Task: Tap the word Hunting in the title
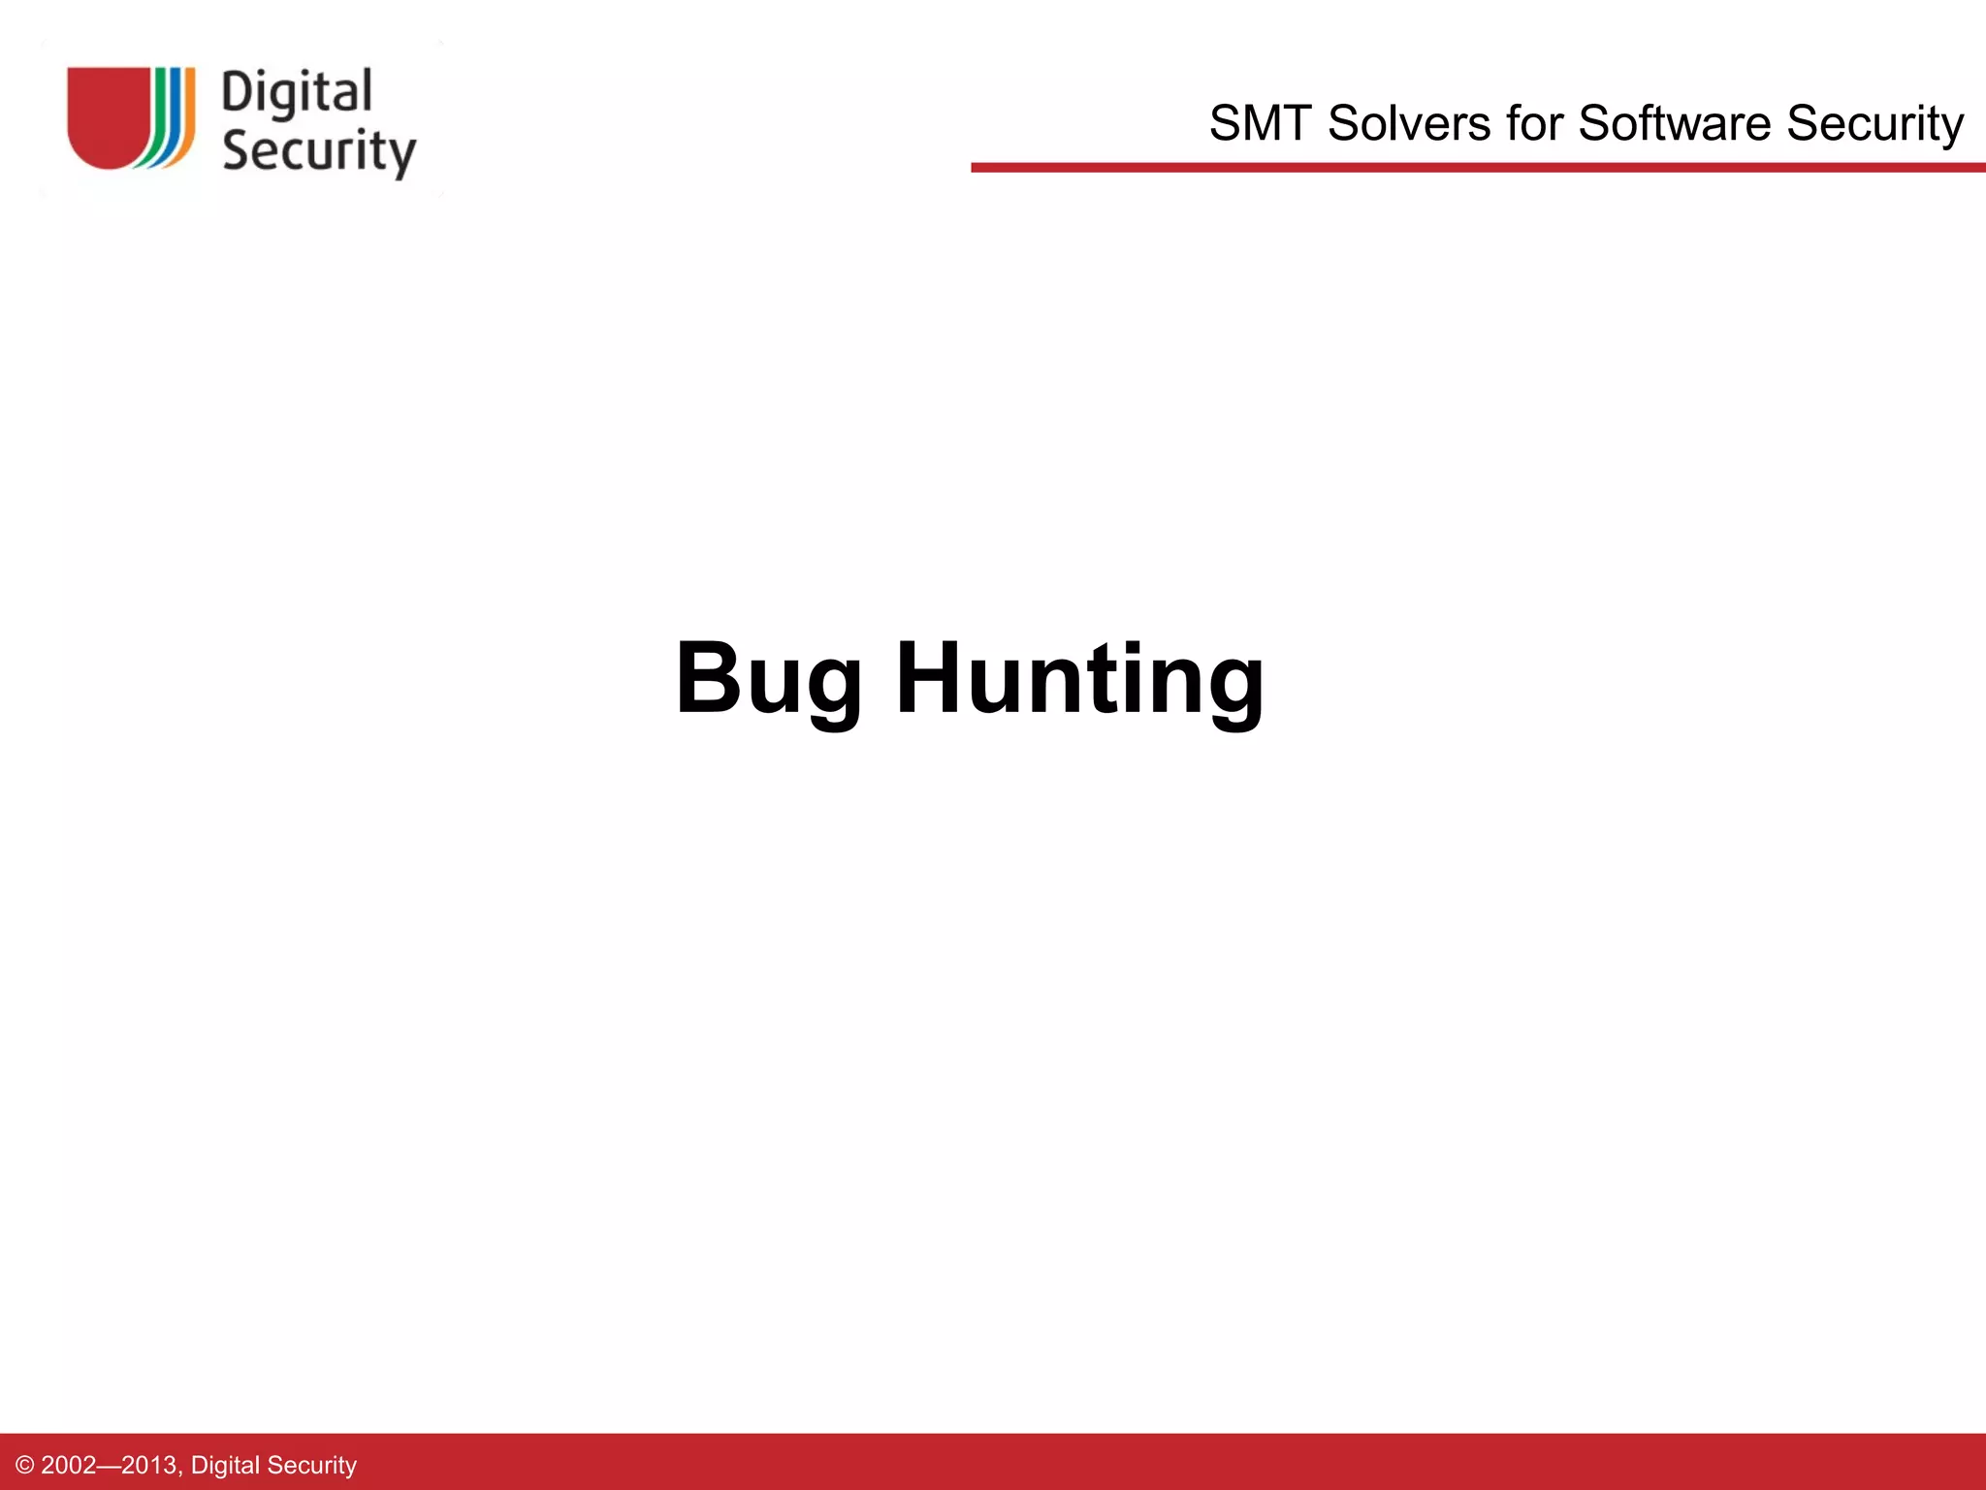click(x=1079, y=679)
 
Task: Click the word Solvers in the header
click(x=1409, y=124)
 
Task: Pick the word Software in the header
click(x=1675, y=124)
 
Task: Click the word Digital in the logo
click(x=297, y=94)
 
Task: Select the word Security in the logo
click(x=319, y=152)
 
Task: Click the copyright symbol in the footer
click(x=25, y=1465)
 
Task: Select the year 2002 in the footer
click(x=69, y=1465)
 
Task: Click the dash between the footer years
click(x=109, y=1465)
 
